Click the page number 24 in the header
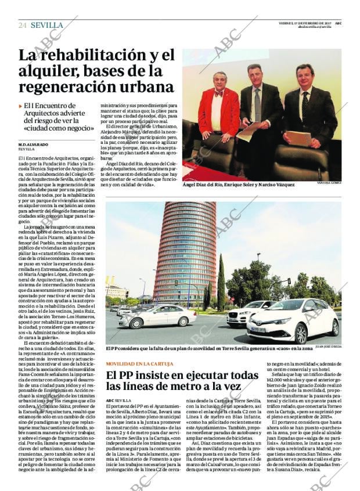(23, 25)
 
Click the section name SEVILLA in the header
(47, 25)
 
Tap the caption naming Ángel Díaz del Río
(239, 185)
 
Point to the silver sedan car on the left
(157, 316)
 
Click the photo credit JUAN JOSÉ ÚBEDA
(328, 346)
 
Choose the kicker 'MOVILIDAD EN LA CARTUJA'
(140, 364)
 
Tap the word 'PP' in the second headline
(125, 374)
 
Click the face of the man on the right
(304, 77)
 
